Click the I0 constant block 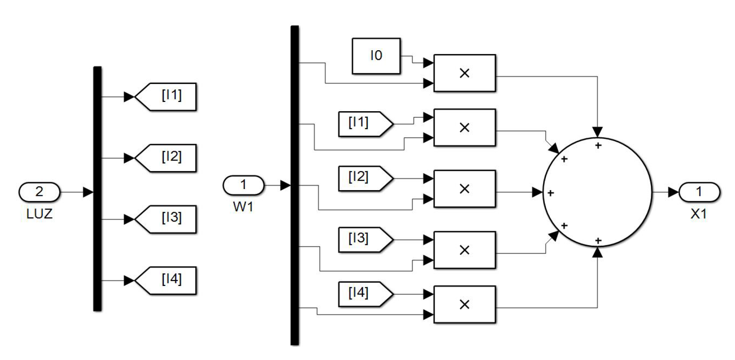[x=376, y=56]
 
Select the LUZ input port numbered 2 [x=39, y=192]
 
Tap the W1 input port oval [x=243, y=185]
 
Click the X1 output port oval [x=699, y=192]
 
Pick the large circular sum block [x=597, y=192]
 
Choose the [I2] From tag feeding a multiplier [x=364, y=178]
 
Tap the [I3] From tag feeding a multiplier [x=364, y=240]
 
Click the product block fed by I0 [x=464, y=73]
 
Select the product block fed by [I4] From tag [x=464, y=304]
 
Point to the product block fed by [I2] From [x=464, y=189]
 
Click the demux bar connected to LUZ [x=97, y=189]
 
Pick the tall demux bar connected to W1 [x=294, y=185]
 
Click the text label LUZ [x=39, y=214]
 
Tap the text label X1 [x=699, y=214]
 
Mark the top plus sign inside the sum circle [x=598, y=145]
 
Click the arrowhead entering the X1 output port [x=673, y=192]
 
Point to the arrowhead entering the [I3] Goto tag [x=129, y=219]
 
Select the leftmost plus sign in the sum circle [x=550, y=193]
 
